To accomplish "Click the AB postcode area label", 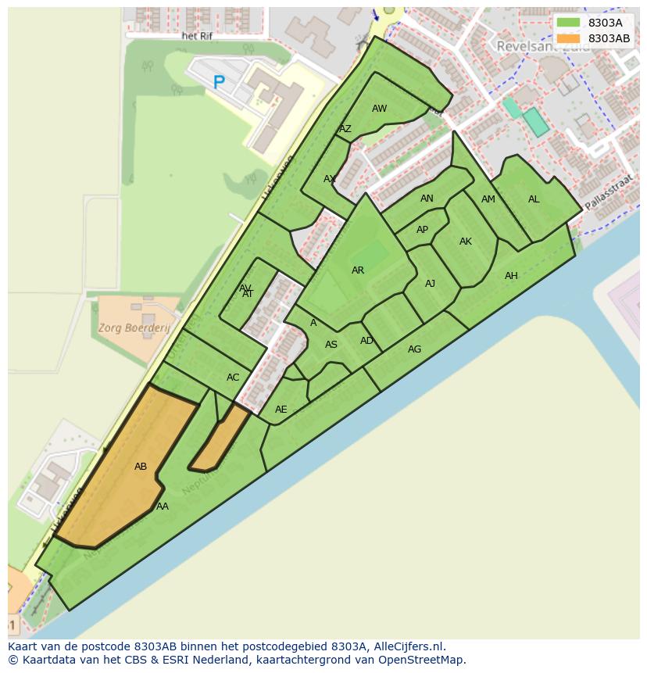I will (141, 467).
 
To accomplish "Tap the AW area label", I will (379, 109).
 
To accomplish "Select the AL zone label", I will (534, 199).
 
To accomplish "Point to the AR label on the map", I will (358, 270).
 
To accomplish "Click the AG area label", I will (414, 349).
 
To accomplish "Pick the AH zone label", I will (511, 276).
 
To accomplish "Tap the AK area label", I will (466, 242).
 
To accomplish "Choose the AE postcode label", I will (281, 410).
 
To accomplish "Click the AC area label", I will (233, 378).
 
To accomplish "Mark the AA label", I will (163, 507).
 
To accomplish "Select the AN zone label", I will (427, 199).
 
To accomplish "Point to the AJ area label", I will (430, 284).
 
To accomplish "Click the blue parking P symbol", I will (219, 81).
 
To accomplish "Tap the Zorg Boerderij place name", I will (134, 328).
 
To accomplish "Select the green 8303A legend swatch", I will (569, 23).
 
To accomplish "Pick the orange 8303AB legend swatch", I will (569, 38).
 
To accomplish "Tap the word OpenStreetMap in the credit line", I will (421, 660).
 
